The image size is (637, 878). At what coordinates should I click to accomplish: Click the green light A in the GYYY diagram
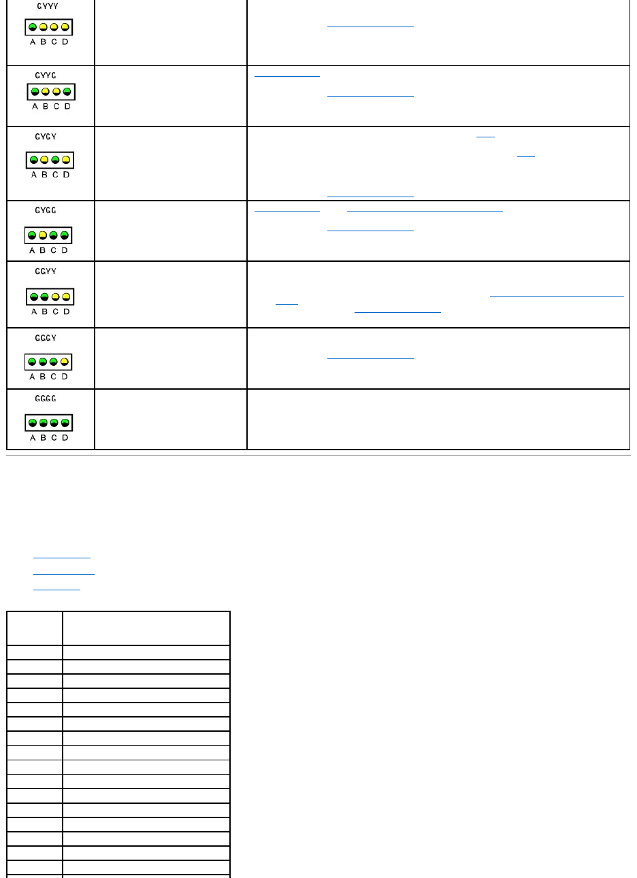pos(33,27)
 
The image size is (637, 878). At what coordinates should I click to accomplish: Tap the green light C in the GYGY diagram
pos(55,161)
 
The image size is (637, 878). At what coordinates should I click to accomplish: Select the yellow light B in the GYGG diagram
pos(44,235)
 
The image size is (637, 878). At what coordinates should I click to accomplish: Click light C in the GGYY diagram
pos(55,297)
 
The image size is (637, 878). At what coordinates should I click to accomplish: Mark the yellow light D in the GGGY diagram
pos(65,362)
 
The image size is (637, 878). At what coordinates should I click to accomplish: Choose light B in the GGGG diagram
pos(44,423)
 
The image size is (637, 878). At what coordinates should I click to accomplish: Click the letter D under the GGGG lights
pos(65,437)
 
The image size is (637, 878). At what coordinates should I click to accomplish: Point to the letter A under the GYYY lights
pos(33,41)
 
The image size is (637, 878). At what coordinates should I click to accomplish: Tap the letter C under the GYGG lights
pos(55,250)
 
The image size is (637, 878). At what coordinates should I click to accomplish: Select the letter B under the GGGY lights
pos(44,376)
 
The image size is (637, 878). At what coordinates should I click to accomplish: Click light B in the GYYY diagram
pos(44,27)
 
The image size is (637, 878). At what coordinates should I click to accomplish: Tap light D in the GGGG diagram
pos(65,423)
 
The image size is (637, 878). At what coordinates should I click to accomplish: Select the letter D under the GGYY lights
pos(66,311)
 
